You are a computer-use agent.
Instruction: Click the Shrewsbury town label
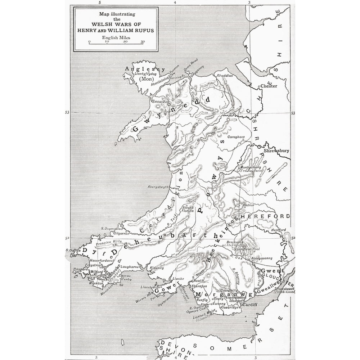point(276,151)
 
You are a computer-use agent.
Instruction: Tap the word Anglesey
point(144,69)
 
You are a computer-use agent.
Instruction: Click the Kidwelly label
point(156,268)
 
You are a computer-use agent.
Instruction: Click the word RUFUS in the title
point(142,31)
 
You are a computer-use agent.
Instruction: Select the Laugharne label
point(130,267)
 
